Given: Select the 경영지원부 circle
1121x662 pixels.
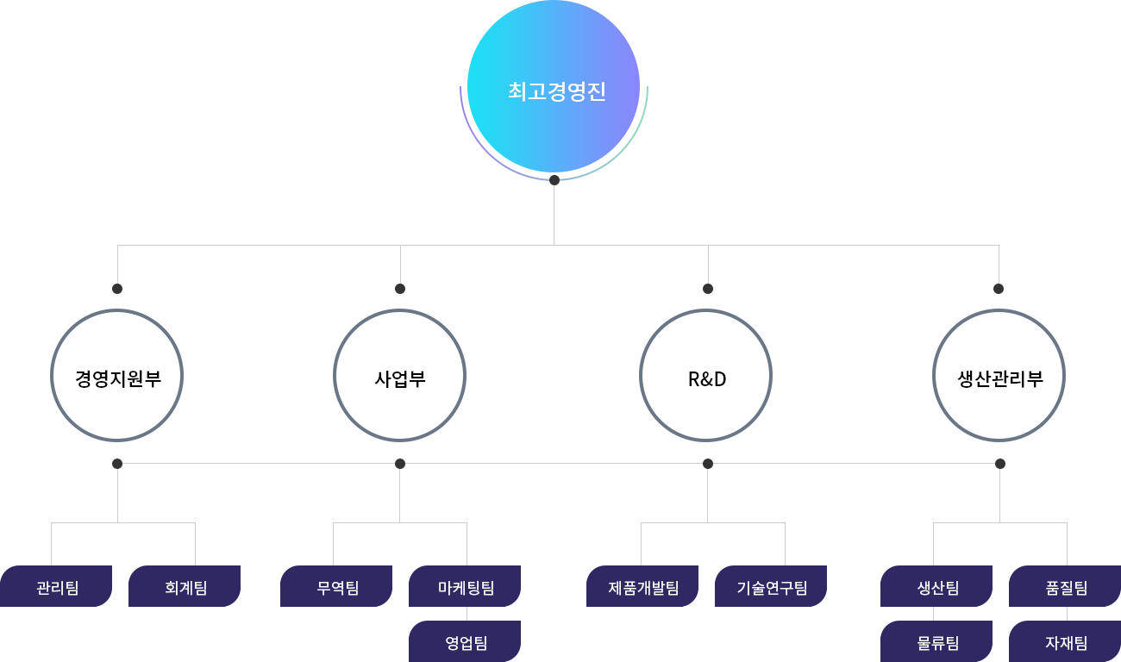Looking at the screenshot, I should point(117,376).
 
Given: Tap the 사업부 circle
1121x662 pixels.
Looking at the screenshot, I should point(399,376).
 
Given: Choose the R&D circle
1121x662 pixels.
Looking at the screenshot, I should point(707,376).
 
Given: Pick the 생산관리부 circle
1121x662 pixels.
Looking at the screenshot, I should point(999,376).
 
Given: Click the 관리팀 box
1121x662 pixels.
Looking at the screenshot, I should point(56,587).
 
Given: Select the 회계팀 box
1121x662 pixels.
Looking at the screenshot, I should point(185,587).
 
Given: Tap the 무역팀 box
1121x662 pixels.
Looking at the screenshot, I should point(336,587).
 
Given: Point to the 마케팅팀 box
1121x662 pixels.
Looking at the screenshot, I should point(465,587).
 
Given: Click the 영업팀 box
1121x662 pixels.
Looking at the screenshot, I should point(465,642).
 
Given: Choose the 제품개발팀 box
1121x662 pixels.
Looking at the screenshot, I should point(642,587).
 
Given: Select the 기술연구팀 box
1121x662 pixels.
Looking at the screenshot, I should point(771,587).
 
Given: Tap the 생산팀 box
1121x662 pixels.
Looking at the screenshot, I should point(936,587).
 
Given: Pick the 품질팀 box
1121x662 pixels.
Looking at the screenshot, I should point(1065,587).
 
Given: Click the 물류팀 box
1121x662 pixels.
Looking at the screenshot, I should point(936,642).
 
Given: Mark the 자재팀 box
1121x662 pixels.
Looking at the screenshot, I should point(1065,642).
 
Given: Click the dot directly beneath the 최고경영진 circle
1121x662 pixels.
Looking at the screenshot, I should point(554,180).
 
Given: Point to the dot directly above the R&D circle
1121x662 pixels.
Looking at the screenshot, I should point(708,289).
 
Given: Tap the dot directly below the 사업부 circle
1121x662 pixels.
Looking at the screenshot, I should point(399,464).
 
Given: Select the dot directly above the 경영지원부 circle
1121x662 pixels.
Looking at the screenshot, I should point(117,289).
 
